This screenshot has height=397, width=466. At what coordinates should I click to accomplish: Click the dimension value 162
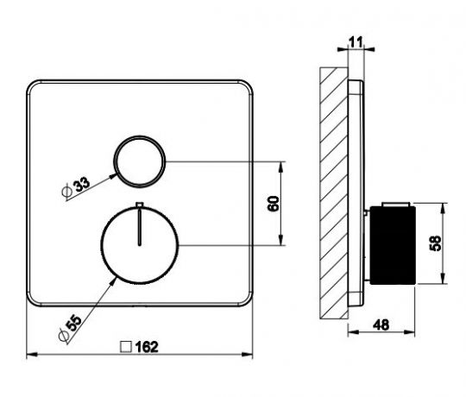point(147,347)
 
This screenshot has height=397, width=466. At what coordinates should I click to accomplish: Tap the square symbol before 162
point(126,347)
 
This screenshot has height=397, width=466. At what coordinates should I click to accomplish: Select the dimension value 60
point(274,204)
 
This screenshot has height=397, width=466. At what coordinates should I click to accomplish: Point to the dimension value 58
point(436,243)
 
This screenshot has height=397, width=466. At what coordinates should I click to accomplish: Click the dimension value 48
point(381,325)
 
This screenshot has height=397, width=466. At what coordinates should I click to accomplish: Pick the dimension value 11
point(356,42)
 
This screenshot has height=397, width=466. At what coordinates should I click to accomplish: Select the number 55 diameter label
point(73,324)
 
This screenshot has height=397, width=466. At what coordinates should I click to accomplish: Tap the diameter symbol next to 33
point(66,192)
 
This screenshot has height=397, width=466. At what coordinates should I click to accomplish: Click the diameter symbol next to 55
point(64,336)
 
